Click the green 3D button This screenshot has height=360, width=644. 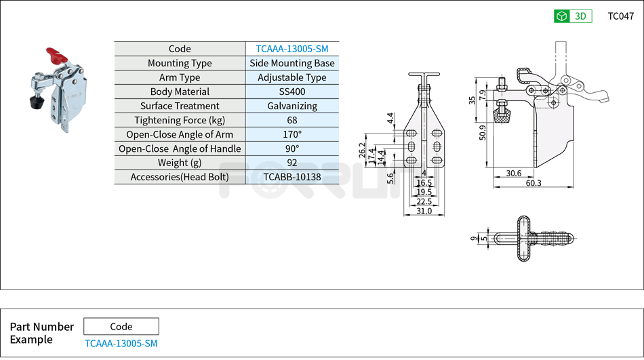point(573,16)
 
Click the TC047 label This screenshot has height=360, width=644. point(620,16)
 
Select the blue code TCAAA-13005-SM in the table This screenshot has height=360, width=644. point(291,49)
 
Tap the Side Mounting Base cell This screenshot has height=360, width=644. point(291,63)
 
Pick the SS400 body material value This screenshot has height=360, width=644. point(291,92)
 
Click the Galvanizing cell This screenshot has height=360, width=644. point(291,106)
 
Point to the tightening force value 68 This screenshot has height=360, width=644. point(291,120)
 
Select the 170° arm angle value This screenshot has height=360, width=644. point(291,134)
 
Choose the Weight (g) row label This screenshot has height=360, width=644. point(180,163)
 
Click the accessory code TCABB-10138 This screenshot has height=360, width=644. point(291,177)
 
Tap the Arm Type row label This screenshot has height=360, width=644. point(180,77)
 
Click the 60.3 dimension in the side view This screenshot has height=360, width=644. point(533,183)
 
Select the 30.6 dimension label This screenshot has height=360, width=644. point(514,174)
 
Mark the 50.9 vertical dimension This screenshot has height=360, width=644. point(482,132)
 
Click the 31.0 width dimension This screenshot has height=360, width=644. point(424,212)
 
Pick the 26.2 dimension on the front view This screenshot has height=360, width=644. point(362,151)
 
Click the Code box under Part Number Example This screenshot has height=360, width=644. point(121,326)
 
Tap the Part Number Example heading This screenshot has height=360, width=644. point(41,333)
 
